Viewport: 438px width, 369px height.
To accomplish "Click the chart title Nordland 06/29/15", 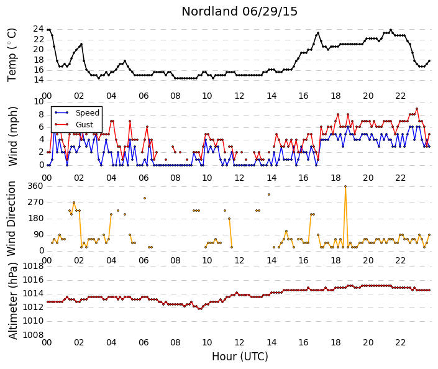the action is click(x=239, y=12).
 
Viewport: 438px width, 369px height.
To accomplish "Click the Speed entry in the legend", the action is click(x=88, y=113).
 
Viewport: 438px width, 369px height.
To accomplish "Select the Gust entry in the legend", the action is click(x=84, y=125).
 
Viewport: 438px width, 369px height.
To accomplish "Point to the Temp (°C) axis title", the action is click(x=12, y=55).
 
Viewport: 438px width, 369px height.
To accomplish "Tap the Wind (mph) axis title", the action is click(x=13, y=136).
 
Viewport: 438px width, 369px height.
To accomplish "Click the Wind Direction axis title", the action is click(x=11, y=219).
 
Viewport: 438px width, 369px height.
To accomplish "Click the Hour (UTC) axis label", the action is click(x=240, y=357).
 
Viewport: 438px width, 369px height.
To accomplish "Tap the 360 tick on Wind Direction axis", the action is click(x=35, y=186).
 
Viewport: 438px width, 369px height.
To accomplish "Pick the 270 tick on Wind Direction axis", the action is click(x=35, y=203).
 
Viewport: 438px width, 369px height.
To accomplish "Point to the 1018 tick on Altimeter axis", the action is click(x=33, y=266).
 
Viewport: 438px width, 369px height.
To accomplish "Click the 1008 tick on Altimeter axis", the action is click(x=33, y=335).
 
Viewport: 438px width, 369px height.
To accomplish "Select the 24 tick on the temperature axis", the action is click(x=39, y=29).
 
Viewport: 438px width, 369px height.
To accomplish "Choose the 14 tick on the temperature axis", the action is click(x=39, y=80).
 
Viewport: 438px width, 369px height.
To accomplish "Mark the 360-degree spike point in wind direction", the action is click(x=345, y=186).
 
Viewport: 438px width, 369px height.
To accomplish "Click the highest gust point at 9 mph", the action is click(x=417, y=109).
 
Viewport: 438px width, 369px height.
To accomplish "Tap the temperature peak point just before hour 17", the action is click(x=318, y=33).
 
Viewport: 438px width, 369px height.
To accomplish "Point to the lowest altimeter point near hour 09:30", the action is click(x=199, y=309).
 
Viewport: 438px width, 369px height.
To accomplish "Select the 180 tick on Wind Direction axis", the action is click(x=35, y=219).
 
